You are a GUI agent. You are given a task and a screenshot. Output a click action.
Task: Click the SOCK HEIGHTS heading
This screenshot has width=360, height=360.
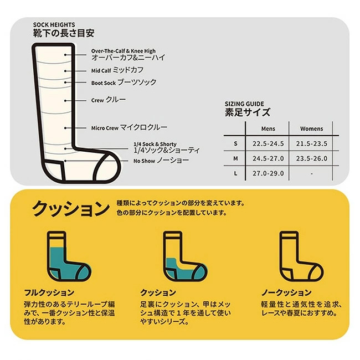[x=54, y=25]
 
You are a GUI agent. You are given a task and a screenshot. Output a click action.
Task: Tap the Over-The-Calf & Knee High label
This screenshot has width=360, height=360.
[x=124, y=51]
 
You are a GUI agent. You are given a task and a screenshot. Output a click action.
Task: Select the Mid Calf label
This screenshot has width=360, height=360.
[x=101, y=70]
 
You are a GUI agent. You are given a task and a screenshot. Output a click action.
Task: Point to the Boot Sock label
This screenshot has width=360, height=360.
[x=104, y=83]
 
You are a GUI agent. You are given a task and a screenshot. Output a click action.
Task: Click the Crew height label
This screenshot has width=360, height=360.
[x=97, y=100]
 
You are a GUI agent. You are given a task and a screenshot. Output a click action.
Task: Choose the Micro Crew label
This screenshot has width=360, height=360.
[x=105, y=128]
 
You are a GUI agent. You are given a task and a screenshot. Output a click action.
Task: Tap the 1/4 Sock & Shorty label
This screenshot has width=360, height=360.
[x=155, y=144]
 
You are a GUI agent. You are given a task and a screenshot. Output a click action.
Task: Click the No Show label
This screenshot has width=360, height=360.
[x=144, y=161]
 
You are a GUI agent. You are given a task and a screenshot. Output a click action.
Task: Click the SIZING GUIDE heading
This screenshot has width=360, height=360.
[x=244, y=104]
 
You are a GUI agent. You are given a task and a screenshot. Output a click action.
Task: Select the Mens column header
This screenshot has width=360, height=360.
[x=268, y=129]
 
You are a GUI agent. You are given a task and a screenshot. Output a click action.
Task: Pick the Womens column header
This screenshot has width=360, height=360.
[x=312, y=129]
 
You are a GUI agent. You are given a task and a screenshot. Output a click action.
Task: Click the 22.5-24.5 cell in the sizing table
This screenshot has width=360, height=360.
[x=268, y=144]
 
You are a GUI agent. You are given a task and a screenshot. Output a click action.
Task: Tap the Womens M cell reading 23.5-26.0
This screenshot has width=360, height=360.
[x=312, y=158]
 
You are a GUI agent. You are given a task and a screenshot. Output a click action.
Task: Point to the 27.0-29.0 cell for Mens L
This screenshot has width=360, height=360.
[x=268, y=173]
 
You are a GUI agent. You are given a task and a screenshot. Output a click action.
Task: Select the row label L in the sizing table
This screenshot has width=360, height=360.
[x=235, y=173]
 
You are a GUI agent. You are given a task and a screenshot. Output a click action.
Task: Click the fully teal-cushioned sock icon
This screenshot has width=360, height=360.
[x=69, y=256]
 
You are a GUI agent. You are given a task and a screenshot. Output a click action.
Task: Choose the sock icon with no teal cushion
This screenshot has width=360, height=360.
[x=301, y=256]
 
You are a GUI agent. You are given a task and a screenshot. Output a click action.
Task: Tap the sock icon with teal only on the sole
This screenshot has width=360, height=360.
[x=185, y=256]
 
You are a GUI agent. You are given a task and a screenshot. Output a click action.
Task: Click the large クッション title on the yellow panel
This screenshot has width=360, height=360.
[x=71, y=208]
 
